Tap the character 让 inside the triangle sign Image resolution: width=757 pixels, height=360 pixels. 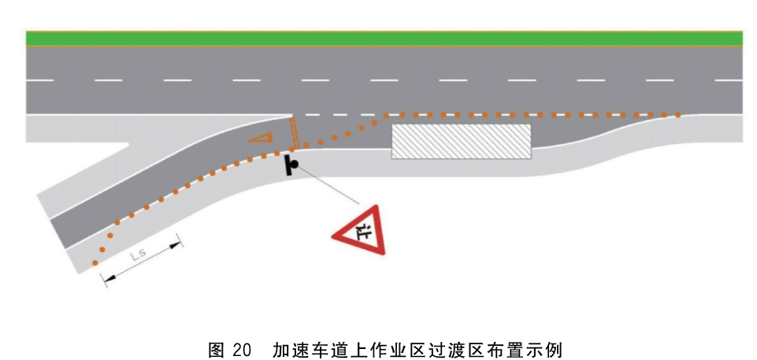pos(363,232)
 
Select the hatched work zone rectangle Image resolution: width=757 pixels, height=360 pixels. pos(461,141)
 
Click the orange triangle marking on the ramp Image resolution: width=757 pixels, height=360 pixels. pos(262,138)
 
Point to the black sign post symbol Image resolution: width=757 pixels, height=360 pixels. pos(291,165)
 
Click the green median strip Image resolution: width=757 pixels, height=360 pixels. pos(384,39)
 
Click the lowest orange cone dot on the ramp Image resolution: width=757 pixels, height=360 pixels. pos(95,263)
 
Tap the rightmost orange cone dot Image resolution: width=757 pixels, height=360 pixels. pos(677,115)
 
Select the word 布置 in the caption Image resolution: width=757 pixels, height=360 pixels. pos(507,350)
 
